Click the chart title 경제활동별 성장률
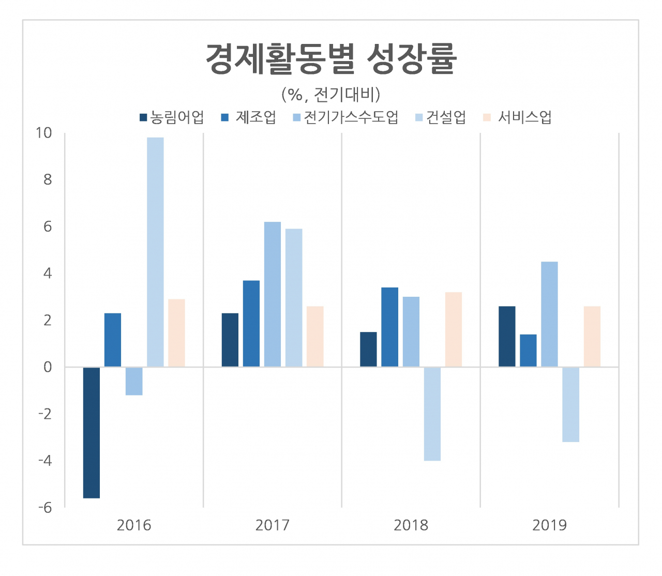[x=331, y=58]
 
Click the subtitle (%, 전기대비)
[x=331, y=95]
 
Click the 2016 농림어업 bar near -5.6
[x=92, y=432]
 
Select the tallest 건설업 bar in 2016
[x=155, y=252]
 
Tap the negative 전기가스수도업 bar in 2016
[x=134, y=381]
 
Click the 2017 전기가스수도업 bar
[x=273, y=294]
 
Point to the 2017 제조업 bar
[x=251, y=324]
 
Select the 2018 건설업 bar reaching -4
[x=432, y=414]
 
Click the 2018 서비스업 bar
[x=454, y=329]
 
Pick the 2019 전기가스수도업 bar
[x=549, y=314]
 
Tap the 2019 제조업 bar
[x=528, y=351]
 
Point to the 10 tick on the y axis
[x=44, y=133]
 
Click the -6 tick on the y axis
[x=45, y=507]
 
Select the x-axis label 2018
[x=411, y=525]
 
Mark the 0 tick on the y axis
[x=48, y=367]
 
